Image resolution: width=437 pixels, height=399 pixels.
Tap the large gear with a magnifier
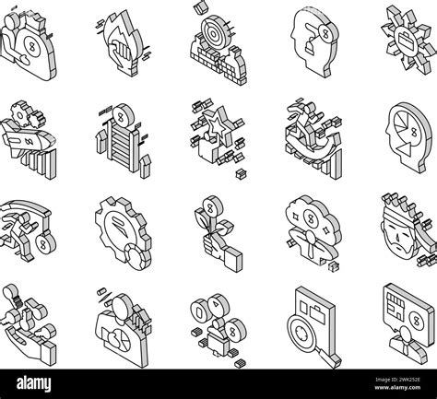pyautogui.click(x=119, y=226)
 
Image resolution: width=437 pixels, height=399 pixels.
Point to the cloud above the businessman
pyautogui.click(x=311, y=213)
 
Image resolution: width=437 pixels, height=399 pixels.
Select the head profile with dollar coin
pyautogui.click(x=309, y=37)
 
